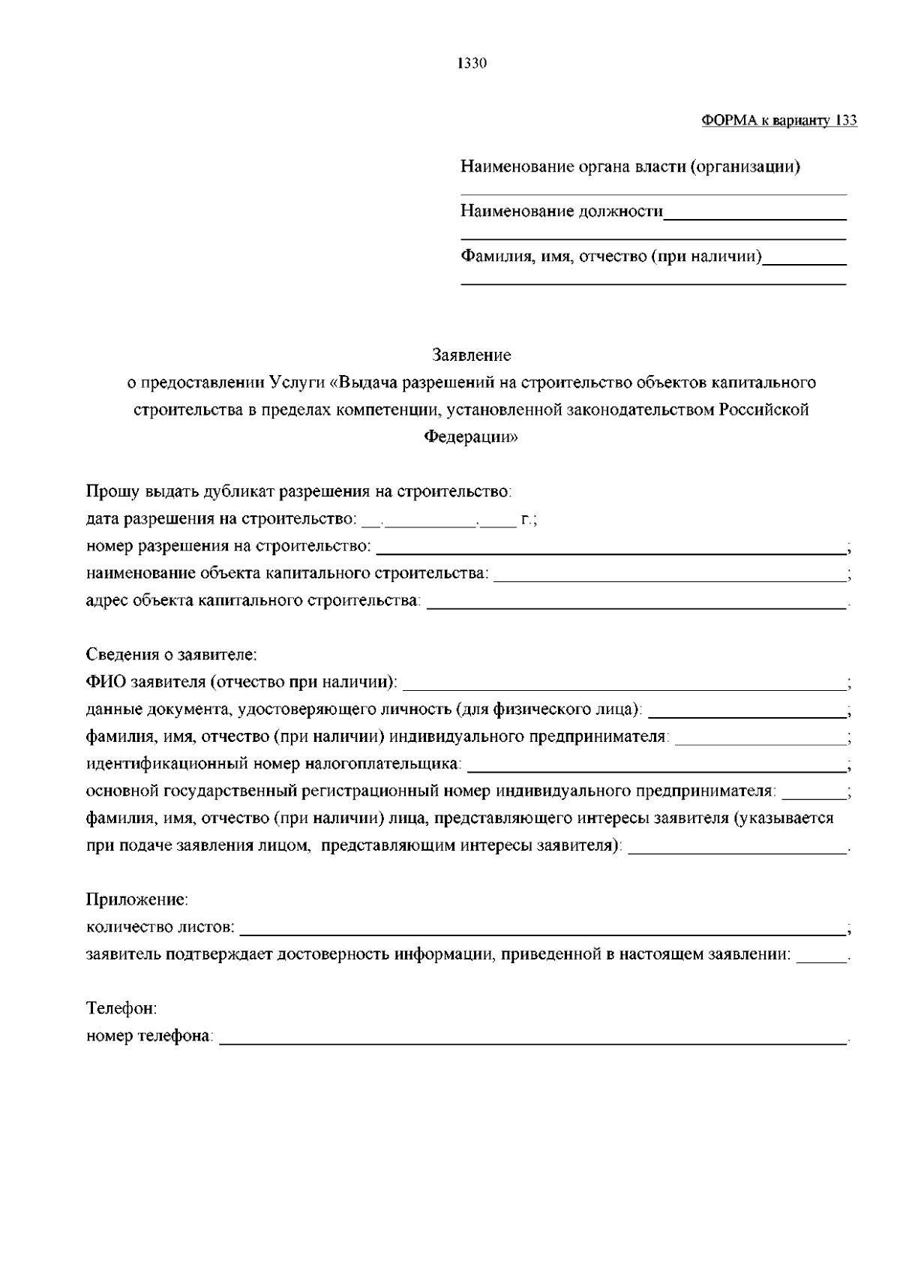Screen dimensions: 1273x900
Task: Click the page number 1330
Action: [x=472, y=64]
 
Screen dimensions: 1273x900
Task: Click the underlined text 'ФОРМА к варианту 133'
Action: [x=779, y=121]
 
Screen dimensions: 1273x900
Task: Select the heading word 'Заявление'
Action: [x=472, y=354]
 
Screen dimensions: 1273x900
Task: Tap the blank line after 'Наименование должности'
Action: [x=754, y=216]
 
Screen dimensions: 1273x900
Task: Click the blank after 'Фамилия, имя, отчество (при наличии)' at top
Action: [x=804, y=263]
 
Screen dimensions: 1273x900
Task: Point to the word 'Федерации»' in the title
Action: [x=472, y=437]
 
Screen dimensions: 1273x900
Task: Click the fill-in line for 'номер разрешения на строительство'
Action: [x=610, y=551]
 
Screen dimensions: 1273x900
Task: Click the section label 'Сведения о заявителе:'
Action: [x=172, y=655]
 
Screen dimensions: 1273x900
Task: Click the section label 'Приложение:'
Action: [x=137, y=899]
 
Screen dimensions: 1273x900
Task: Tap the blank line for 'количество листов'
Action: [x=542, y=932]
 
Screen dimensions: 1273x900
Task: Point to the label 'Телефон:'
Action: [x=121, y=1009]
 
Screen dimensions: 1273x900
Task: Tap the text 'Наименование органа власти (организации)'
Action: [x=630, y=167]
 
